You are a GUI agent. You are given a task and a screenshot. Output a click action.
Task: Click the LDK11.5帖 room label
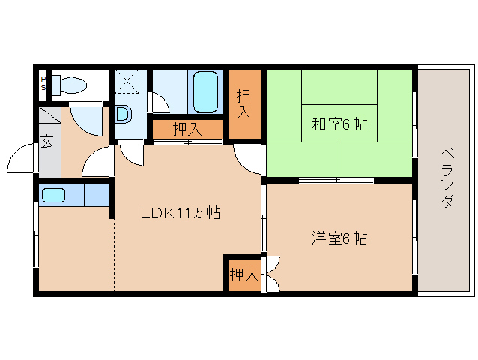point(180,213)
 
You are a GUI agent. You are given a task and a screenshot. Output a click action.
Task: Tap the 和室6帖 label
point(339,124)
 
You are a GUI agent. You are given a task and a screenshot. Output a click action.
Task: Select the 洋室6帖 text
point(339,238)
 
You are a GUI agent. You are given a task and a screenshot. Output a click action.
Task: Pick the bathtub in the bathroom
point(205,91)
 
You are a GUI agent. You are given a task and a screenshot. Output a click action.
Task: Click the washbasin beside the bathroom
point(124,115)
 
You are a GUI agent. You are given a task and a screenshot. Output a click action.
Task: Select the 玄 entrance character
point(46,141)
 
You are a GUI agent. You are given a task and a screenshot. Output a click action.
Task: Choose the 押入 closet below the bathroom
point(187,129)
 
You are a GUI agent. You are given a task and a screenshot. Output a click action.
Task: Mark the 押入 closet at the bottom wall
point(241,274)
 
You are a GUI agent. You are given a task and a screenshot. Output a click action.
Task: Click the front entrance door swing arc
point(18,159)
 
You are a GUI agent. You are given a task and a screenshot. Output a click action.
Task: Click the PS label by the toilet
point(44,82)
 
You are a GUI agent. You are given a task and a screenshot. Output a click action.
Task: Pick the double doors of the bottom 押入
point(270,274)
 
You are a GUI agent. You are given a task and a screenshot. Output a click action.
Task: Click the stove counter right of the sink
point(96,195)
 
